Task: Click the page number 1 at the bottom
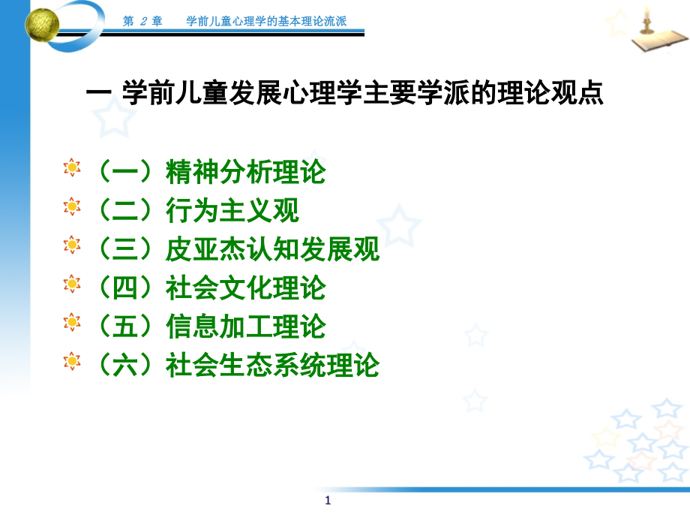pos(328,501)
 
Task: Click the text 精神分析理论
pos(245,173)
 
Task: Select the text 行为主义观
pos(232,211)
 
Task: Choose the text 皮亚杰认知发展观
pos(272,249)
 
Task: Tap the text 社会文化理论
pos(245,288)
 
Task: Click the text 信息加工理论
pos(245,327)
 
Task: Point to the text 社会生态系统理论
pos(272,366)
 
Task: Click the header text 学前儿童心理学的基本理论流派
pos(266,21)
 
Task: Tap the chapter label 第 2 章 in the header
pos(142,21)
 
